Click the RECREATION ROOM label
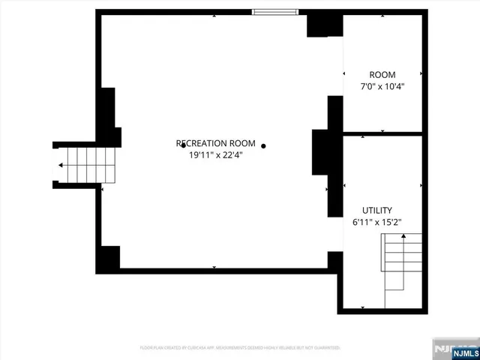(216, 143)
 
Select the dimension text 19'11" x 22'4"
(216, 155)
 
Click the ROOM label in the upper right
(382, 74)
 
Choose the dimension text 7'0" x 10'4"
(382, 86)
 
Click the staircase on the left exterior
(86, 164)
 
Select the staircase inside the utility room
(403, 262)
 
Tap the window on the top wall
(274, 12)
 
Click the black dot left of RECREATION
(183, 145)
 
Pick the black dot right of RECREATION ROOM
(263, 145)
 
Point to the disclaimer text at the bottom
(240, 348)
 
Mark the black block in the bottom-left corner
(110, 258)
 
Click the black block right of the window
(324, 25)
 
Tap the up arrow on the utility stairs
(403, 238)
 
